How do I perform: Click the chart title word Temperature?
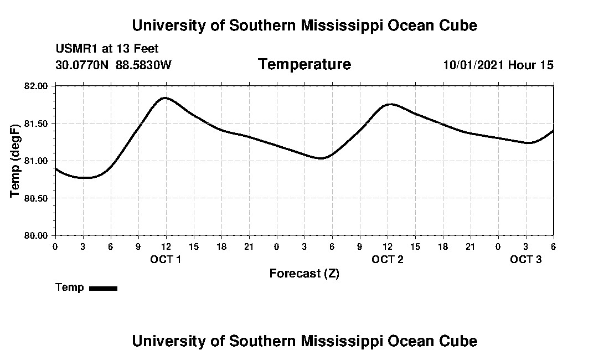304,65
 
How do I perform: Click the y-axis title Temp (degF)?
16,161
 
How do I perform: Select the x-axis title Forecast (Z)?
304,273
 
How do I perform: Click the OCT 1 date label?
166,259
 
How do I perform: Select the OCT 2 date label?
387,259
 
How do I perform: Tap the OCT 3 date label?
525,259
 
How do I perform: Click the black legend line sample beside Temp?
104,288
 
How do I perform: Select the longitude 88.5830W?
143,65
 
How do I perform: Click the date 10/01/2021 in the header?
473,65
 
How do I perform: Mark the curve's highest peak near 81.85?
165,98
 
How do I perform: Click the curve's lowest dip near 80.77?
86,178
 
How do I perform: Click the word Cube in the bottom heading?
461,341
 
